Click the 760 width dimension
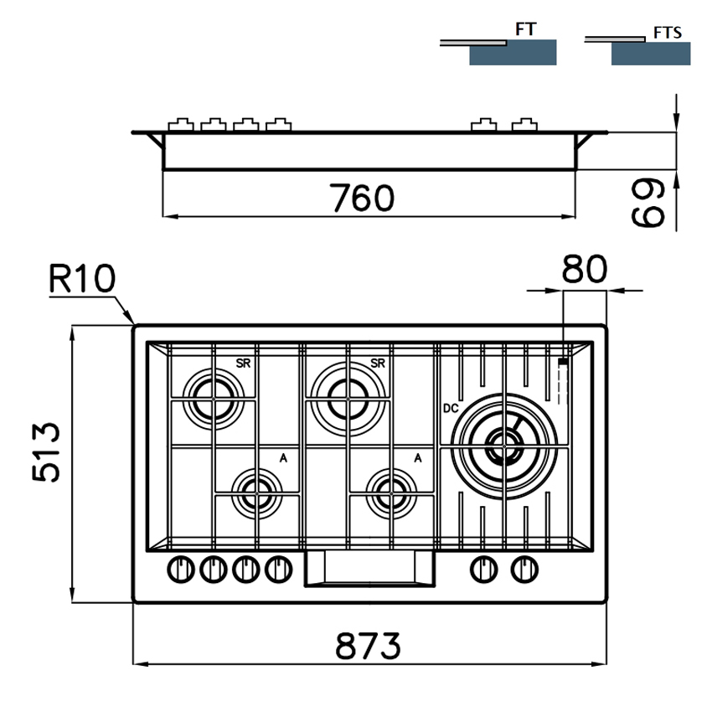(x=362, y=199)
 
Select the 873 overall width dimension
(x=369, y=646)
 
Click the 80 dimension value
(x=585, y=270)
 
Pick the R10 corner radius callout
(x=80, y=279)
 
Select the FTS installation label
(x=667, y=33)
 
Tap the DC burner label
(x=450, y=410)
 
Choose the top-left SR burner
(x=210, y=395)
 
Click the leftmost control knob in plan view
(x=179, y=570)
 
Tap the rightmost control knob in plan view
(x=524, y=570)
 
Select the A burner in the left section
(x=255, y=489)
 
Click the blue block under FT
(x=513, y=54)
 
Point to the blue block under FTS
(x=651, y=54)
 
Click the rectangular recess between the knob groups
(x=369, y=569)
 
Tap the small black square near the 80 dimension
(x=562, y=361)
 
